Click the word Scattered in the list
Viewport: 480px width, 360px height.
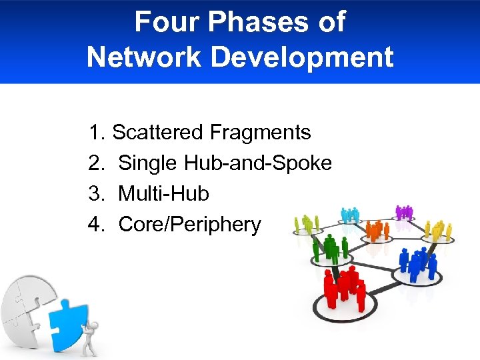coord(157,132)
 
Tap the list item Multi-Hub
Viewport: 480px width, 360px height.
coord(163,194)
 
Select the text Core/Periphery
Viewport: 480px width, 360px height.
coord(189,225)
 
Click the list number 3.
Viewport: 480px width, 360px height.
coord(96,194)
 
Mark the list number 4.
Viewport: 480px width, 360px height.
coord(96,225)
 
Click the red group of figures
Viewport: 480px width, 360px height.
coord(344,289)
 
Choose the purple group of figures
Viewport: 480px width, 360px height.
coord(404,212)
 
